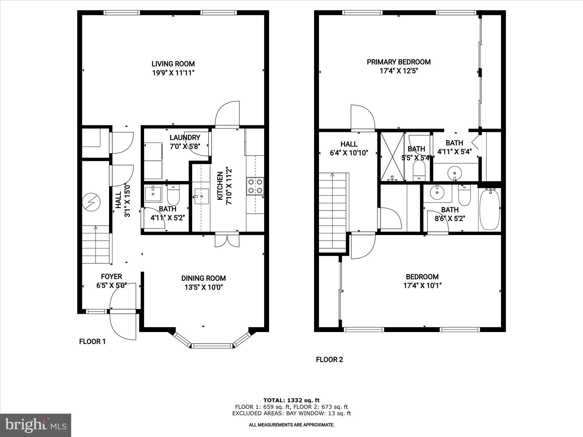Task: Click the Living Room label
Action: click(173, 64)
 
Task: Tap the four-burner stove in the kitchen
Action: click(255, 186)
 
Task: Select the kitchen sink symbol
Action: click(202, 196)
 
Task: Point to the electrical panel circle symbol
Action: click(91, 202)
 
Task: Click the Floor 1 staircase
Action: click(96, 245)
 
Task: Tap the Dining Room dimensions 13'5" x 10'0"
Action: click(203, 287)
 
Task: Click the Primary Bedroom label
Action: click(399, 62)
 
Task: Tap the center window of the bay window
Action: click(212, 346)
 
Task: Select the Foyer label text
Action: click(111, 277)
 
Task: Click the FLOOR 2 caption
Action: click(329, 360)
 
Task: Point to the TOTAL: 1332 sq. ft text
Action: click(291, 400)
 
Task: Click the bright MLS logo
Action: click(36, 425)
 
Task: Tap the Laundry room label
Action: click(185, 138)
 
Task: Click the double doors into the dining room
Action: click(227, 240)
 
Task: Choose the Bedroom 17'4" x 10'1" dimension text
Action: click(422, 285)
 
